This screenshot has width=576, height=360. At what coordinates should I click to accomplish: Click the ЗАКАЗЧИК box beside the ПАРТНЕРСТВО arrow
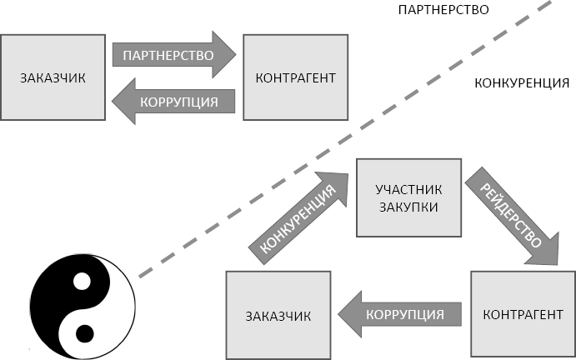[x=53, y=77]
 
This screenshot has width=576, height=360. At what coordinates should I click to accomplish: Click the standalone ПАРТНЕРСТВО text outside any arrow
[x=443, y=10]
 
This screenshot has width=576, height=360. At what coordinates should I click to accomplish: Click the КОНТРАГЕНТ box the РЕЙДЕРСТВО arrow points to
[x=522, y=315]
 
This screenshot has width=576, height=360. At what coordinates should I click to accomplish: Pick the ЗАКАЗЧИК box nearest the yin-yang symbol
[x=278, y=316]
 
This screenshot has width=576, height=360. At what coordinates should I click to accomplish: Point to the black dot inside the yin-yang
[x=84, y=334]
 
